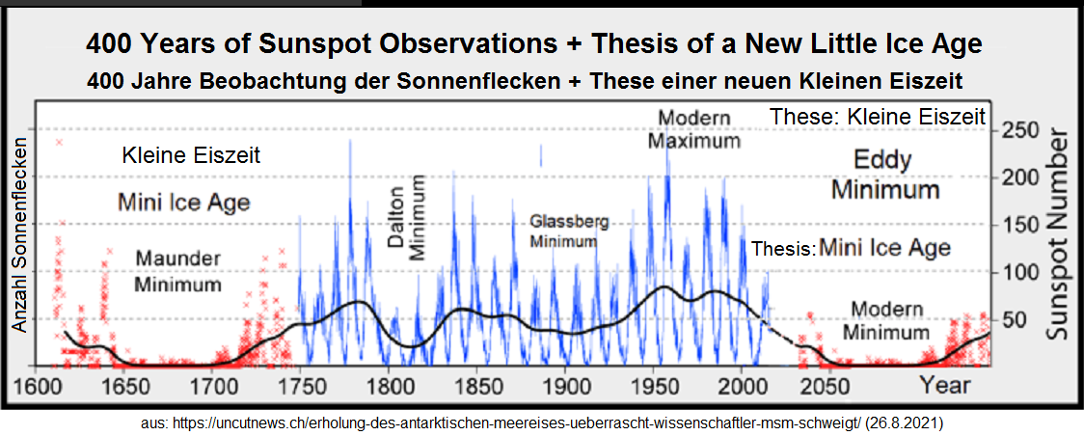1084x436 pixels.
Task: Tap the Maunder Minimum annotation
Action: [x=178, y=272]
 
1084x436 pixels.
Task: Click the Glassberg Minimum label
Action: [x=570, y=232]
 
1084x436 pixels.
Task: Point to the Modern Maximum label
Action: [x=694, y=129]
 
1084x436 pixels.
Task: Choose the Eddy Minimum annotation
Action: [x=884, y=174]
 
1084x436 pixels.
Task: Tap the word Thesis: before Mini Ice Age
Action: [x=783, y=249]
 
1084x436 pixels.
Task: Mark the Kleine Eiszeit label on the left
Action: [x=191, y=155]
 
